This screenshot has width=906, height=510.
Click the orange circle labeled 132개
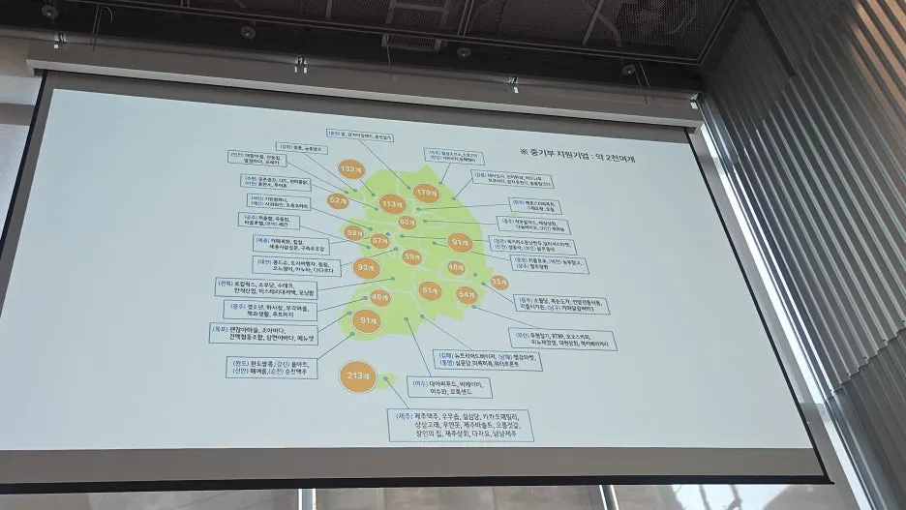pyautogui.click(x=350, y=169)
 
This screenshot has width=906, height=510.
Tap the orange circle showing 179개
pyautogui.click(x=427, y=194)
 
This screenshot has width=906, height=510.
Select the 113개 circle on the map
pyautogui.click(x=391, y=204)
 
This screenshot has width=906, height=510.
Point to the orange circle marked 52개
pyautogui.click(x=338, y=200)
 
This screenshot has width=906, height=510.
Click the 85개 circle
pyautogui.click(x=407, y=223)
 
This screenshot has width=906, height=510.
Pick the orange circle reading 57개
pyautogui.click(x=380, y=240)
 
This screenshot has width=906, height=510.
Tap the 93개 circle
pyautogui.click(x=365, y=266)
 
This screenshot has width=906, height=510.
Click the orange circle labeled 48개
pyautogui.click(x=456, y=267)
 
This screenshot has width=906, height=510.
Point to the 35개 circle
pyautogui.click(x=499, y=282)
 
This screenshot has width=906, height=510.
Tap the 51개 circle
pyautogui.click(x=430, y=289)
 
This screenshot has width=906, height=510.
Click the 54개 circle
pyautogui.click(x=468, y=293)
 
